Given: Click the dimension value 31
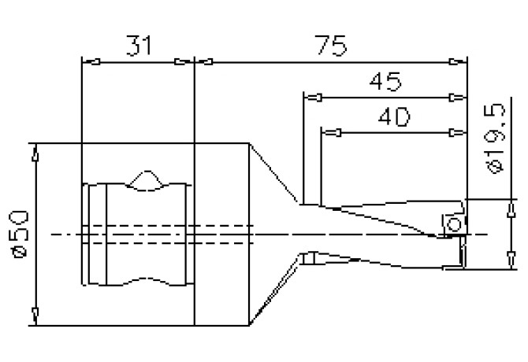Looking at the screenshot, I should coord(138,45).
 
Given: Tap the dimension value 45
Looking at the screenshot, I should coord(384,82).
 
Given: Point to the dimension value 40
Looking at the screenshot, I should coord(392,117).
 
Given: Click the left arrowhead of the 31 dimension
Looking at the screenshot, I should coord(89,61).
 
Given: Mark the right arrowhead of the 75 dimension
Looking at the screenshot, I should coord(456,61).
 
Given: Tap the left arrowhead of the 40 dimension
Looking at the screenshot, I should coord(331,132).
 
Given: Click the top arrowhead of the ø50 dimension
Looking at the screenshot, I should coord(34,152).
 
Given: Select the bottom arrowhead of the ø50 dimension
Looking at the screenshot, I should coord(34,316).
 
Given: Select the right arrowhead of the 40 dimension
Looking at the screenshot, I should coord(456,132).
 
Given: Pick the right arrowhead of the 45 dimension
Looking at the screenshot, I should coord(456,98).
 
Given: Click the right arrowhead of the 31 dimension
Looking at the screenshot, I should coord(184,61).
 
